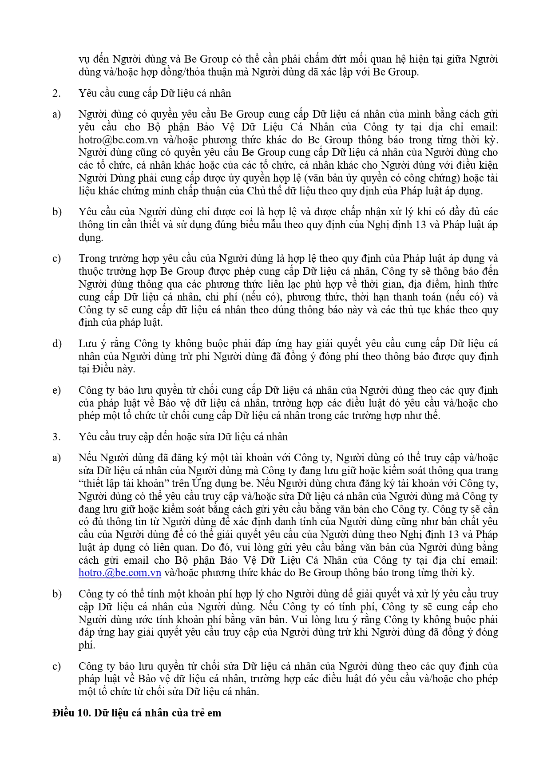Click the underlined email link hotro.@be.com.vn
click(119, 573)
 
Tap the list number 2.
click(56, 93)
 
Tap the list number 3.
click(56, 437)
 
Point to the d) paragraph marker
click(56, 344)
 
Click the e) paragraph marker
click(56, 390)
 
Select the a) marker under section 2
click(56, 115)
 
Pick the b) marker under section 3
click(56, 594)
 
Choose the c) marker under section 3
click(56, 666)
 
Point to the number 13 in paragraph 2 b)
click(420, 225)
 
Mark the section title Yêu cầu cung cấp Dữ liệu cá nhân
click(155, 93)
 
